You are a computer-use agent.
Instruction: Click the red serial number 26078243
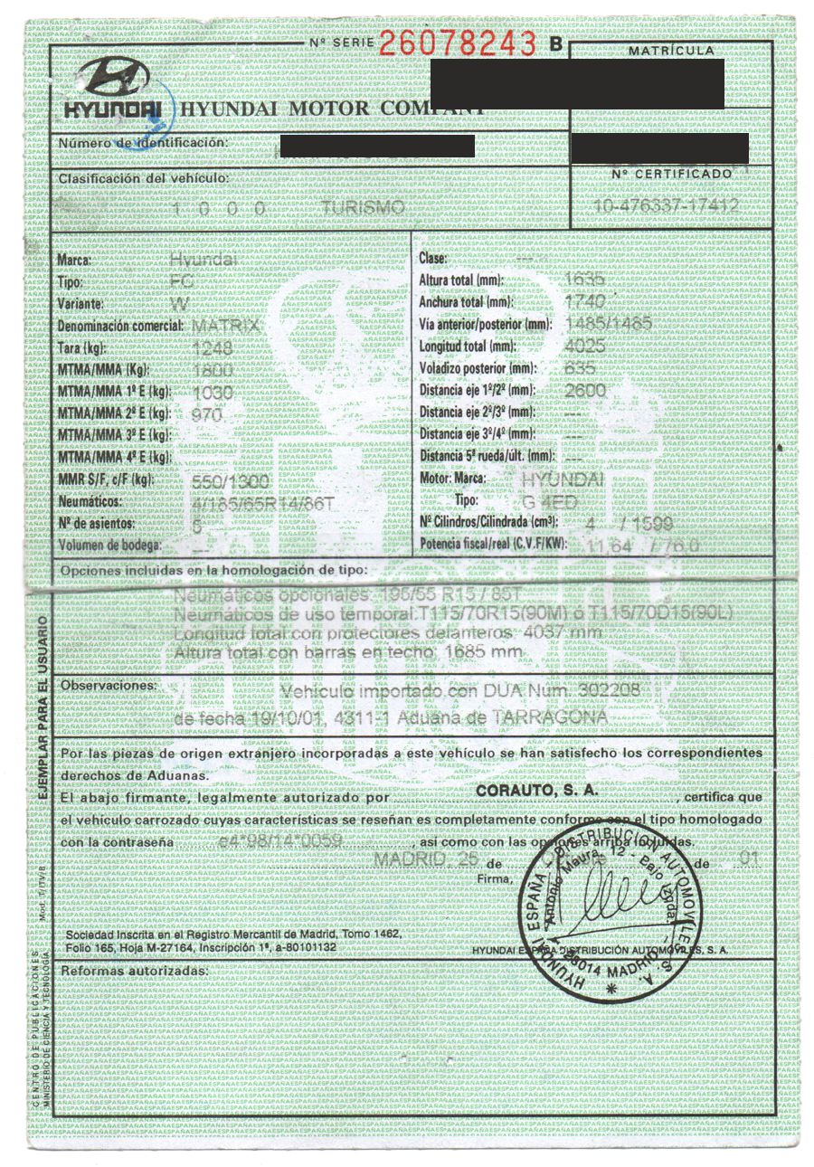(458, 43)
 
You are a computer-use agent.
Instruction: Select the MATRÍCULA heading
(670, 51)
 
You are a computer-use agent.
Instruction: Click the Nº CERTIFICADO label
(671, 173)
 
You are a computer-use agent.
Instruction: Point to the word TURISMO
(362, 208)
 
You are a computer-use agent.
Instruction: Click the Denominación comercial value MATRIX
(227, 326)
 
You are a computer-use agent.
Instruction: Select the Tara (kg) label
(82, 348)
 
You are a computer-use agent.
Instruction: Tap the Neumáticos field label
(91, 500)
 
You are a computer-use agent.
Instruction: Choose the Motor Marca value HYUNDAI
(563, 479)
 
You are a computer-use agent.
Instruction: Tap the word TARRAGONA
(548, 717)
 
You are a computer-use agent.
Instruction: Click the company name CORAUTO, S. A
(534, 789)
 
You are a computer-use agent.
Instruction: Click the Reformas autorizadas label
(134, 971)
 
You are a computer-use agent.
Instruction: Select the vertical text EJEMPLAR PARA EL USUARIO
(43, 705)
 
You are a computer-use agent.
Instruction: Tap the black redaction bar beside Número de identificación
(377, 145)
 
